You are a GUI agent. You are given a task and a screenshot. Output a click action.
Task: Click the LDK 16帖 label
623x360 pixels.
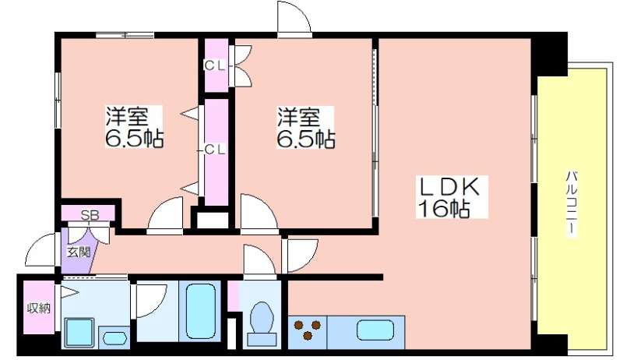click(x=452, y=196)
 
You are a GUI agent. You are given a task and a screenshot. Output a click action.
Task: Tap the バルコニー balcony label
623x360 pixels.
click(x=571, y=203)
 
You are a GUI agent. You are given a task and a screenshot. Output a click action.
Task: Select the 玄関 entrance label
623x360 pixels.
click(x=79, y=252)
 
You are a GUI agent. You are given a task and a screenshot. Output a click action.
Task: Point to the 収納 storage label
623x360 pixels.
click(x=38, y=308)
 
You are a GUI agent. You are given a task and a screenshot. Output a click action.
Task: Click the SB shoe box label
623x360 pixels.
click(x=90, y=215)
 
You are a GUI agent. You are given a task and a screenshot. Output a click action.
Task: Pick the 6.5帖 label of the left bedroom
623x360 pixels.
click(x=134, y=139)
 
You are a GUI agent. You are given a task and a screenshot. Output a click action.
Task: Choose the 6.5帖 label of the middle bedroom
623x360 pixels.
click(x=306, y=139)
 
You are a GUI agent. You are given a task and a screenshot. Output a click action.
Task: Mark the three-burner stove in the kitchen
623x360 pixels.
click(x=307, y=330)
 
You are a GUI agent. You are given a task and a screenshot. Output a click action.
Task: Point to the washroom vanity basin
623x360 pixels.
click(x=114, y=338)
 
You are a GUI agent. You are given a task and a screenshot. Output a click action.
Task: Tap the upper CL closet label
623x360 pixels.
click(x=215, y=65)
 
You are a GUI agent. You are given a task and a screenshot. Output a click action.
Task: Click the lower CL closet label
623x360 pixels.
click(x=215, y=150)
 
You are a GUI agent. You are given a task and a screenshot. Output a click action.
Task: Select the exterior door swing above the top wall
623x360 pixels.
click(x=294, y=18)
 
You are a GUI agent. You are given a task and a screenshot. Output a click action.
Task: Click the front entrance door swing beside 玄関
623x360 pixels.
click(x=41, y=250)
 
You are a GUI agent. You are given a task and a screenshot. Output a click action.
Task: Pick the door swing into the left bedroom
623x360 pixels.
click(x=165, y=213)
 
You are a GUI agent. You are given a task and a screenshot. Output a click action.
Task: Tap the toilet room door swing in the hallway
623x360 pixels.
click(x=260, y=259)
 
